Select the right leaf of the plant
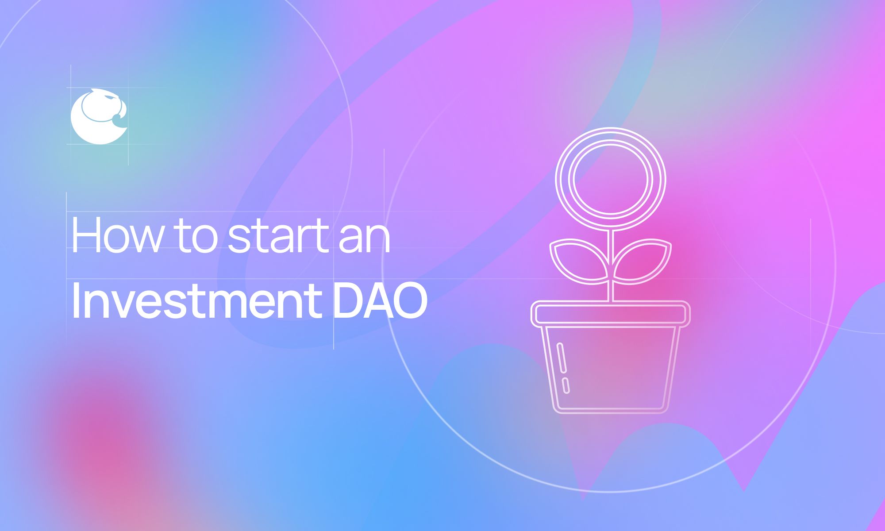coord(644,261)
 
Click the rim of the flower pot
coord(611,314)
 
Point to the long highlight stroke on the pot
coord(562,358)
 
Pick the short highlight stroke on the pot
coord(566,385)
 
